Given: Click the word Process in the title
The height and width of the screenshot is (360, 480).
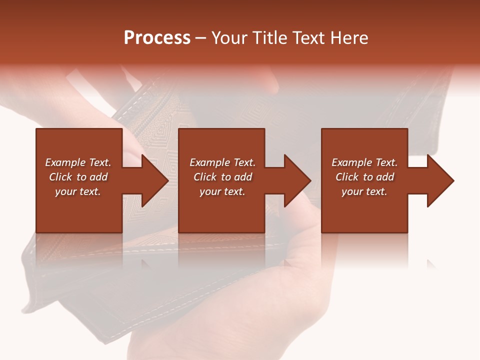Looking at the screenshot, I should coord(157,38).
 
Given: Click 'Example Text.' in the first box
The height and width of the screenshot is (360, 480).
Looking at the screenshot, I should coord(78,162).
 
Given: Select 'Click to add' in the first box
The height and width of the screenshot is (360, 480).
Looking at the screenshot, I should coord(78,177).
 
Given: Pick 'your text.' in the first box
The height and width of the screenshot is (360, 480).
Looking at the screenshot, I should coord(78,191).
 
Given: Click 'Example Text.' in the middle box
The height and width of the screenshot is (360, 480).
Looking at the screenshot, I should coord(222,162).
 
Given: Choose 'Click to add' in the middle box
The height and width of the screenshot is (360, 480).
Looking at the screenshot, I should coord(222,177).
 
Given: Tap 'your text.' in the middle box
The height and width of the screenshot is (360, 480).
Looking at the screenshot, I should coord(222,191).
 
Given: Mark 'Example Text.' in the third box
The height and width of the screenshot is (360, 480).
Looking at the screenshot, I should coord(364,162).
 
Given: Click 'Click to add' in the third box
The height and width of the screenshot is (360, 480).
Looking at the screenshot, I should coord(364,177).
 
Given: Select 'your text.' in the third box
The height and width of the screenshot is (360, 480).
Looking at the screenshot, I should coord(364,191).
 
